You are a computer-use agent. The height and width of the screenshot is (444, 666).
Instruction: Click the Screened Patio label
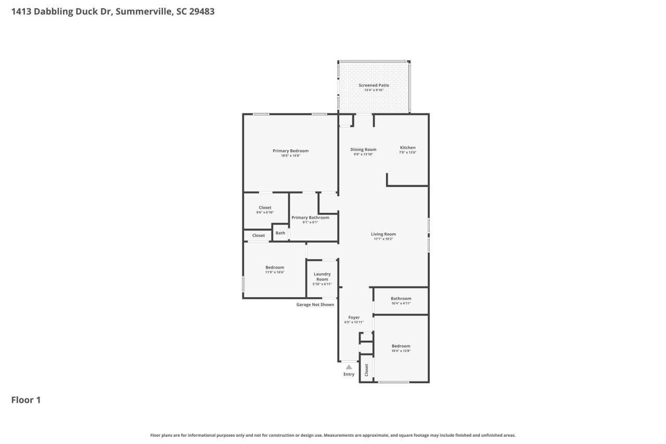click(x=374, y=85)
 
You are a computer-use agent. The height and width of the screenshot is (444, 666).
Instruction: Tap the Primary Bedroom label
click(x=290, y=151)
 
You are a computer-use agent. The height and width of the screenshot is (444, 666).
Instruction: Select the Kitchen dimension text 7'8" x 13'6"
click(x=407, y=153)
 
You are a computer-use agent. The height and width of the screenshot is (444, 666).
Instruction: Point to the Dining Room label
click(x=363, y=149)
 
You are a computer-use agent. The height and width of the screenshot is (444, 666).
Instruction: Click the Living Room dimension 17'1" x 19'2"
click(x=383, y=239)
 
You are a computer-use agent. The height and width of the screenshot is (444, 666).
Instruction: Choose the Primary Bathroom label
click(x=310, y=218)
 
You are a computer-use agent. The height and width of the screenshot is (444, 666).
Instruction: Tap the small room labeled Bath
click(x=280, y=233)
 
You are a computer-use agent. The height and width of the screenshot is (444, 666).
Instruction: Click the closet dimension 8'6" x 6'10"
click(x=265, y=212)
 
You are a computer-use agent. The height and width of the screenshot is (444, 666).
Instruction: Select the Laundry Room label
click(x=322, y=276)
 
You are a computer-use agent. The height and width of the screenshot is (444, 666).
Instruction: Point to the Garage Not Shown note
click(x=315, y=305)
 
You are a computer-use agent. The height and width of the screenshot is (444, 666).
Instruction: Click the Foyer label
click(x=354, y=318)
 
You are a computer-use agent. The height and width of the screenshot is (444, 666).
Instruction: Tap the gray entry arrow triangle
click(x=349, y=367)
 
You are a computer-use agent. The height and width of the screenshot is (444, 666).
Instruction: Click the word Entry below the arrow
click(x=349, y=374)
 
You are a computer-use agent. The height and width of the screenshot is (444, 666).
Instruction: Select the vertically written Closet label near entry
click(x=366, y=370)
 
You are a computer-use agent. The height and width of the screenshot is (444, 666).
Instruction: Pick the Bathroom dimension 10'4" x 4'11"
click(x=401, y=303)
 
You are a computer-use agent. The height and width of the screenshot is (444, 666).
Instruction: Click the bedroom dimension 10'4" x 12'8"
click(x=401, y=351)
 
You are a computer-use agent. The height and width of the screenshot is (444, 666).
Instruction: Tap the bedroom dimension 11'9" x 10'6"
click(x=275, y=272)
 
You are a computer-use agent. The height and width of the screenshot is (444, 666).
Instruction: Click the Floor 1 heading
click(x=26, y=400)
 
